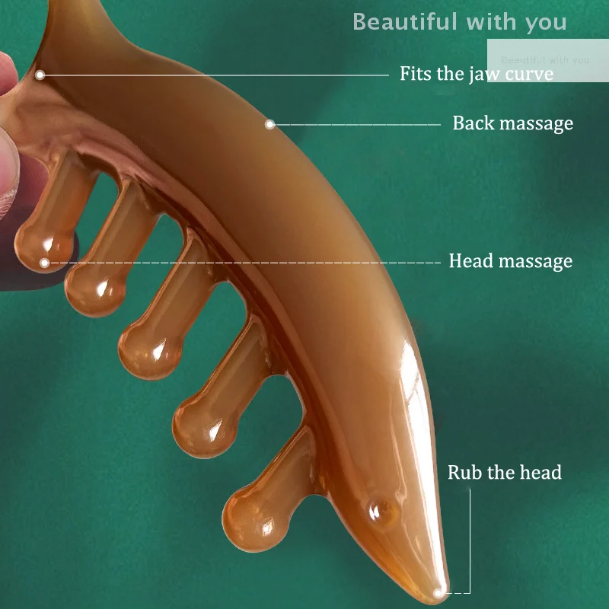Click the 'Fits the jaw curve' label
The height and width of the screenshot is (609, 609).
coord(477,74)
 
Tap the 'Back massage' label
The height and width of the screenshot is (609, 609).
coord(512,123)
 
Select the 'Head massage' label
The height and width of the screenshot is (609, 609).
coord(510,262)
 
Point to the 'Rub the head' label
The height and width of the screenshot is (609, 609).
coord(504,473)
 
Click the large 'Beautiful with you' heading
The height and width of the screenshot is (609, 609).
coord(459,22)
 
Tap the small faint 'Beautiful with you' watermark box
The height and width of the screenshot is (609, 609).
coord(545,59)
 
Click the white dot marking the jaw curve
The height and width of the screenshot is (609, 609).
coord(40,75)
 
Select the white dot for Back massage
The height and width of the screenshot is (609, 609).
coord(269,124)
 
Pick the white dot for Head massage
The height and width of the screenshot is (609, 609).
coord(44,263)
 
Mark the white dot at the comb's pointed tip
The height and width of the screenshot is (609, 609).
coord(438,591)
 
